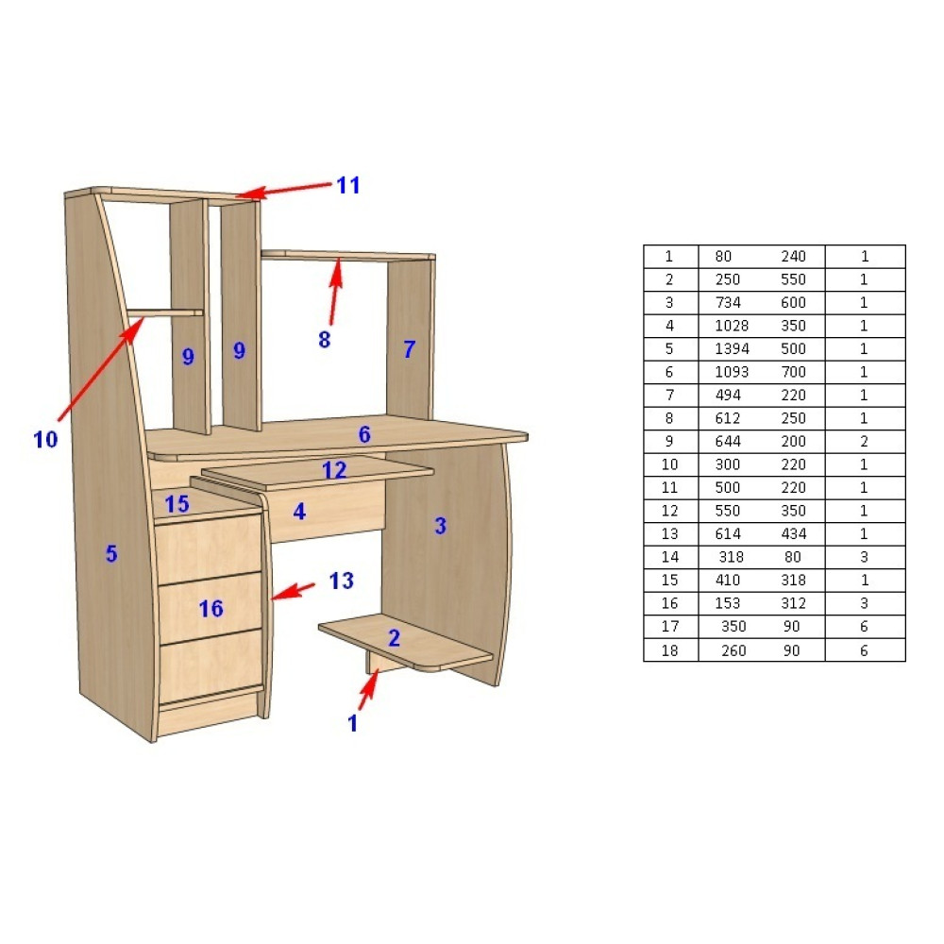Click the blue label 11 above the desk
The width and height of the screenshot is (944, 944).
348,185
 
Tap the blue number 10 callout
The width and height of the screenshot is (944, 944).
45,440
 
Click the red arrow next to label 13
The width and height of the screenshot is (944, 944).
293,591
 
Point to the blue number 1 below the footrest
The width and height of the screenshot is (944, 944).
353,723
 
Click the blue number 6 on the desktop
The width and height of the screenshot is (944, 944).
364,434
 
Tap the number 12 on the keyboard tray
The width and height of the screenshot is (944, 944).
334,469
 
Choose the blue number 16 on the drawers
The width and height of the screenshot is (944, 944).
211,609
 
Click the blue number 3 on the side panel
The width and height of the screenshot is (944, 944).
441,526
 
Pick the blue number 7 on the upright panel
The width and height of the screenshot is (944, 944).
410,349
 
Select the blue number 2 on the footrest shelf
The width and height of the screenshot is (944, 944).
394,637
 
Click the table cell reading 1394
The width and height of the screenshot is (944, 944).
732,348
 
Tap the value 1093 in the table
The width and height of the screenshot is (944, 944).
732,372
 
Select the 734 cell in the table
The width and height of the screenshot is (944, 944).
728,302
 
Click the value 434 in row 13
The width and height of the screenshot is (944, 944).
793,533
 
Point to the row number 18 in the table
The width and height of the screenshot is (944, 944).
669,650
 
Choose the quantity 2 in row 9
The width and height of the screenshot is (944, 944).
864,441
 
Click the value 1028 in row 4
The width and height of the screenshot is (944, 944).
732,326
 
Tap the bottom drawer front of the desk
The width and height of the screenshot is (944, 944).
211,666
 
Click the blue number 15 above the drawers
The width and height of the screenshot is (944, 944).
177,504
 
